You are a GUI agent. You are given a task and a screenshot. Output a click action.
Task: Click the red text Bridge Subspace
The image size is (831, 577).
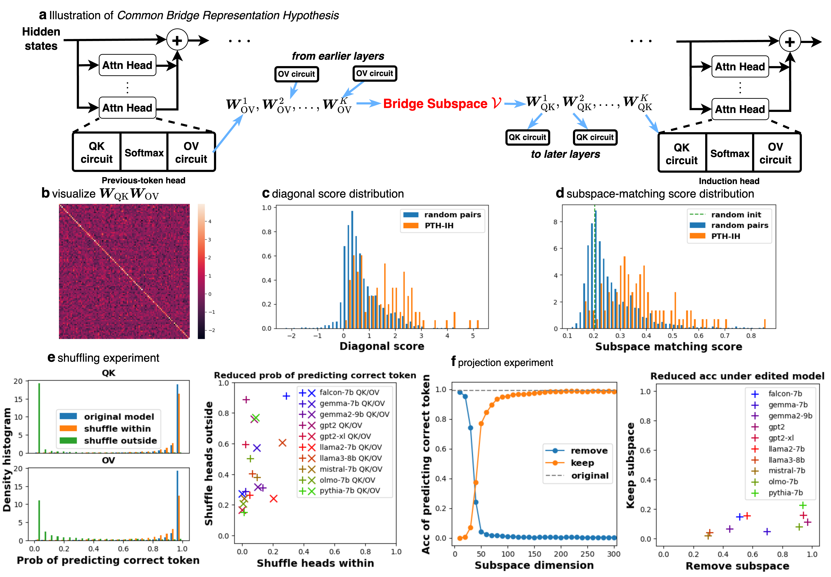[435, 104]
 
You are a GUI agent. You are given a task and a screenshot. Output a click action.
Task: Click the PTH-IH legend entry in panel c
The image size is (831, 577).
[439, 226]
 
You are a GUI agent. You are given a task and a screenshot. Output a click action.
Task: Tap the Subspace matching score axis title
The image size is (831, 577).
[668, 347]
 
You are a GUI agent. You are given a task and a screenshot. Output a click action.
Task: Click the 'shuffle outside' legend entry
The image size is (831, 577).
[120, 441]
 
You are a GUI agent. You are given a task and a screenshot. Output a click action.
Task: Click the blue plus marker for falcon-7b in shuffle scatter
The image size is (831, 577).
[286, 396]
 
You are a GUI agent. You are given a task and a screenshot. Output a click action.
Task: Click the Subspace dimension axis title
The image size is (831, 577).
[534, 565]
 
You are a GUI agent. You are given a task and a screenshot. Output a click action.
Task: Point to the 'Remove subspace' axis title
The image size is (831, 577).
[737, 566]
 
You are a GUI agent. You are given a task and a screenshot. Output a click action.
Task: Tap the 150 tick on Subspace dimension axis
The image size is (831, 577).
[534, 554]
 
